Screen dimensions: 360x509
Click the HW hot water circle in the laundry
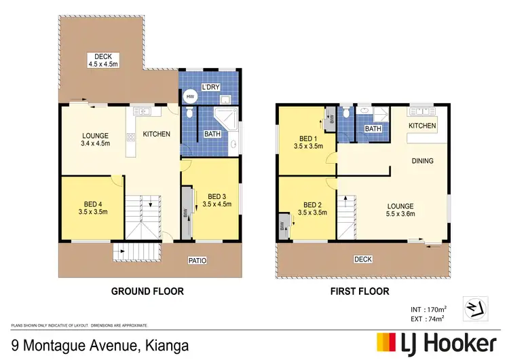(190, 96)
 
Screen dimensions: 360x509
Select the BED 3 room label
(216, 195)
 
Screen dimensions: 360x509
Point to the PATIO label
(197, 260)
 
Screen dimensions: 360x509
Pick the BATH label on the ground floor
(212, 134)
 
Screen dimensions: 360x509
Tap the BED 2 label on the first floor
(312, 204)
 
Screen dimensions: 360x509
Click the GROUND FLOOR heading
(147, 291)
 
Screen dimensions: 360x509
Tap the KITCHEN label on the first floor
(422, 126)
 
